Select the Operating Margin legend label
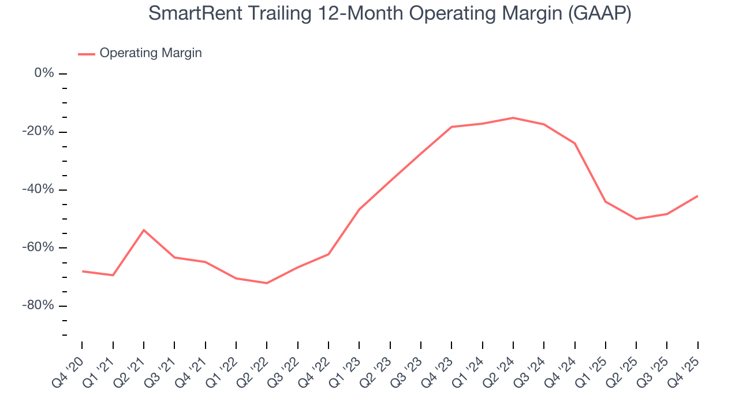pos(151,53)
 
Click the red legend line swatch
pos(86,54)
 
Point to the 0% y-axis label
pos(44,73)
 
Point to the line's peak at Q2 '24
pos(513,118)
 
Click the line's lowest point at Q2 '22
pos(267,283)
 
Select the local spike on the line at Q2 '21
pos(144,230)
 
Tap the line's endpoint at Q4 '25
pos(697,196)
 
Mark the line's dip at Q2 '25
pos(636,219)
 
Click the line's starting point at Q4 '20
pos(82,271)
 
